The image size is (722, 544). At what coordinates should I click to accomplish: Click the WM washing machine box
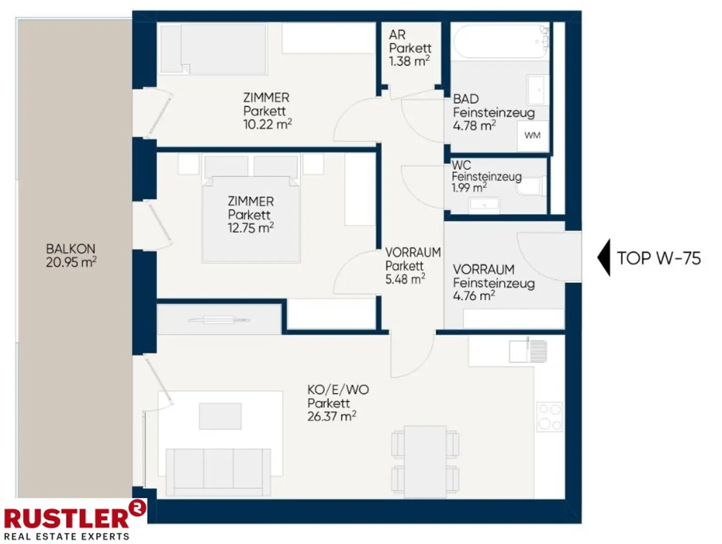532,135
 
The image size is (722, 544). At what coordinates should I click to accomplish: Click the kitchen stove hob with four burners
549,417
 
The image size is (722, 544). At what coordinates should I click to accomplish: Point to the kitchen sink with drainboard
528,351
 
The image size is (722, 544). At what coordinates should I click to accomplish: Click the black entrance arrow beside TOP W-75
604,258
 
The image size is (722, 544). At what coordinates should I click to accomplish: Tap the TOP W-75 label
659,258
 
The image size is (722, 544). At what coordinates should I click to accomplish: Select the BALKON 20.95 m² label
71,256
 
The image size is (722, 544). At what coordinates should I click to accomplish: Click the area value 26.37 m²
331,417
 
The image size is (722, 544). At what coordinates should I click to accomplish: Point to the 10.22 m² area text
267,124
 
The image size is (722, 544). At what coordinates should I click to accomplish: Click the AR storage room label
397,34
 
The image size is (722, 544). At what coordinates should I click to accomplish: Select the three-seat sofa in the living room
219,472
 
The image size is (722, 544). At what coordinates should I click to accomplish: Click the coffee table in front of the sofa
220,416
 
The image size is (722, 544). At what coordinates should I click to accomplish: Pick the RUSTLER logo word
66,519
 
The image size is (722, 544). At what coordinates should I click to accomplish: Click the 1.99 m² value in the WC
469,188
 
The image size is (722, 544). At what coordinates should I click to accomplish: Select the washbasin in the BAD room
538,90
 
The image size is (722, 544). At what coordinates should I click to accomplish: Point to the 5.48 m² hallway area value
405,279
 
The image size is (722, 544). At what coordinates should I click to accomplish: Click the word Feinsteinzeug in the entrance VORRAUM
494,283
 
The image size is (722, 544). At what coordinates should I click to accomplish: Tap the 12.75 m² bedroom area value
251,228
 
